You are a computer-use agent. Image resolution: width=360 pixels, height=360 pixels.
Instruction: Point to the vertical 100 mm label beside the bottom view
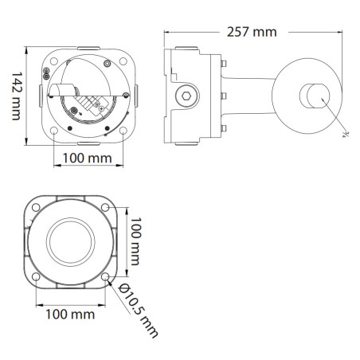135,242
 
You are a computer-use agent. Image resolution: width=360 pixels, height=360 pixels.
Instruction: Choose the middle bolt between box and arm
225,96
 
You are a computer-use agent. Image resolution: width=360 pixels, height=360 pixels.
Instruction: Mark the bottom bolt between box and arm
225,128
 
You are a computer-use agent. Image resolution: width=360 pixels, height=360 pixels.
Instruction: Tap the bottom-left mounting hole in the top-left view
53,130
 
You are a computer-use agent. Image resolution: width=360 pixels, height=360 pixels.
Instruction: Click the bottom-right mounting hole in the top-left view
124,130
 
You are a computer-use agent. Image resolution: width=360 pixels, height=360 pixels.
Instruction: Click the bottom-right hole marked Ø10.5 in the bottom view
106,277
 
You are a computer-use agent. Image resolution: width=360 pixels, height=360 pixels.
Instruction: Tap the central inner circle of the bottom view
71,242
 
